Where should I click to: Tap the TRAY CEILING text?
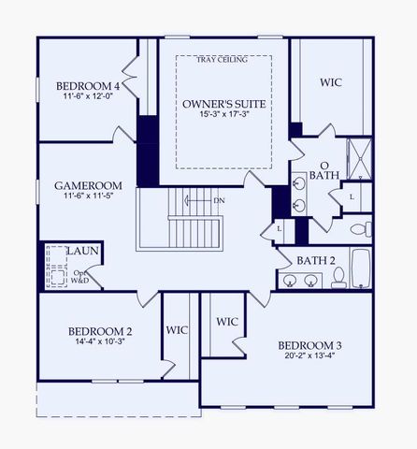click(223, 60)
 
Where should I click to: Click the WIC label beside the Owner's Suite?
click(330, 82)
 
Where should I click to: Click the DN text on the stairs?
click(219, 200)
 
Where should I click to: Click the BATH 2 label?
click(317, 260)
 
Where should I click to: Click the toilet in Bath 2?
click(338, 278)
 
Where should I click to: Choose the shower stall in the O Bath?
click(359, 159)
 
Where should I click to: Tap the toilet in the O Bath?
click(361, 228)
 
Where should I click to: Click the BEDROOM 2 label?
click(99, 331)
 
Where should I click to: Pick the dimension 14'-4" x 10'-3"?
click(99, 343)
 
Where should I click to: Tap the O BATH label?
click(324, 169)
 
